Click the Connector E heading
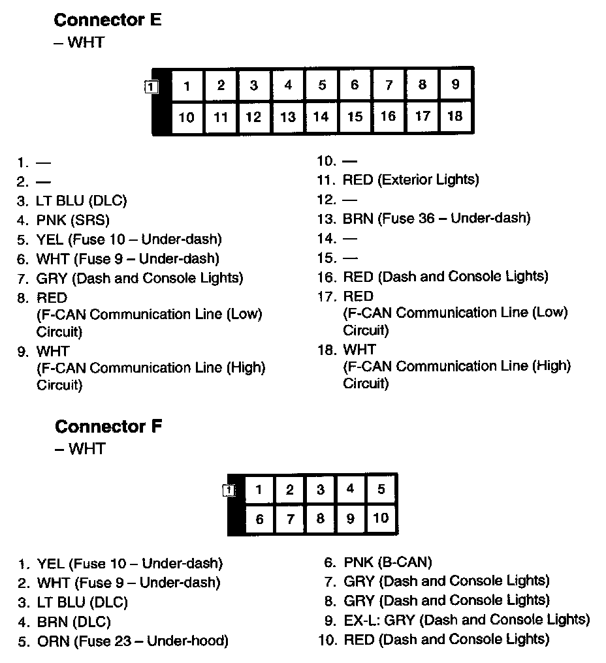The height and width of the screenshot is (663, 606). [107, 20]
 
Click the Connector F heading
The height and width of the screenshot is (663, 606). [108, 427]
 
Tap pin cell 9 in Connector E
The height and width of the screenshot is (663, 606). [455, 85]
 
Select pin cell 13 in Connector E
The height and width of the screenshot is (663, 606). [288, 117]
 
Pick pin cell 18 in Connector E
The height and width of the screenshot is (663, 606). [455, 116]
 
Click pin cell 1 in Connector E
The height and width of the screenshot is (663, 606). [187, 86]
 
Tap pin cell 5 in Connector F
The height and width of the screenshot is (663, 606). [381, 489]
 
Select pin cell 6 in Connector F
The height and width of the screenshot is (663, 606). [259, 519]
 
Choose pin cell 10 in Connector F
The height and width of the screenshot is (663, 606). [381, 519]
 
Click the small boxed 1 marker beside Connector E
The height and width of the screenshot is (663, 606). [151, 86]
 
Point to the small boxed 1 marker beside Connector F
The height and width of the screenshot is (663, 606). [229, 490]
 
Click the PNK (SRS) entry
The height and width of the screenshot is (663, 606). [72, 220]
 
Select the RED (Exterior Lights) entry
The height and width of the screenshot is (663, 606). [410, 179]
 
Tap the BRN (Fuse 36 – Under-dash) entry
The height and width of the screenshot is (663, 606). [436, 219]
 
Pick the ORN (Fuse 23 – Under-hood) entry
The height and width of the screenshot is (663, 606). [133, 641]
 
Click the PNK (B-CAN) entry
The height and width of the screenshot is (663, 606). [387, 562]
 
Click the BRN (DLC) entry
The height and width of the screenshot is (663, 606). [74, 622]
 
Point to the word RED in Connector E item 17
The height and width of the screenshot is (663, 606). [358, 296]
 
